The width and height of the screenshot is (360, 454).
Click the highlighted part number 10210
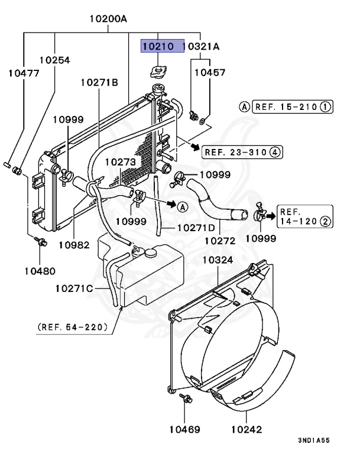coord(161,46)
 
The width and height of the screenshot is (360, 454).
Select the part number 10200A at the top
coord(109,19)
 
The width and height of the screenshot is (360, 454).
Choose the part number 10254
coord(55,60)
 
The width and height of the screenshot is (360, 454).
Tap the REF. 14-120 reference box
coord(304,216)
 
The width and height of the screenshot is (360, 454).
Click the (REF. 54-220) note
coord(73,326)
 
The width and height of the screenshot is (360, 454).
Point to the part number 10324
coord(218,260)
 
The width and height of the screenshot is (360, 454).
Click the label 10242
coord(247,430)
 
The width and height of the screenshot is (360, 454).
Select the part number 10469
coord(187,430)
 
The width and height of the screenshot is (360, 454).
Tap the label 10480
coord(40,271)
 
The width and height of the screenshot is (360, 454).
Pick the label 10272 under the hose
coord(220,241)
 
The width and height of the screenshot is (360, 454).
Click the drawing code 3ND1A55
coord(314,441)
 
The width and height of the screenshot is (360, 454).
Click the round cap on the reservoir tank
coord(151,253)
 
